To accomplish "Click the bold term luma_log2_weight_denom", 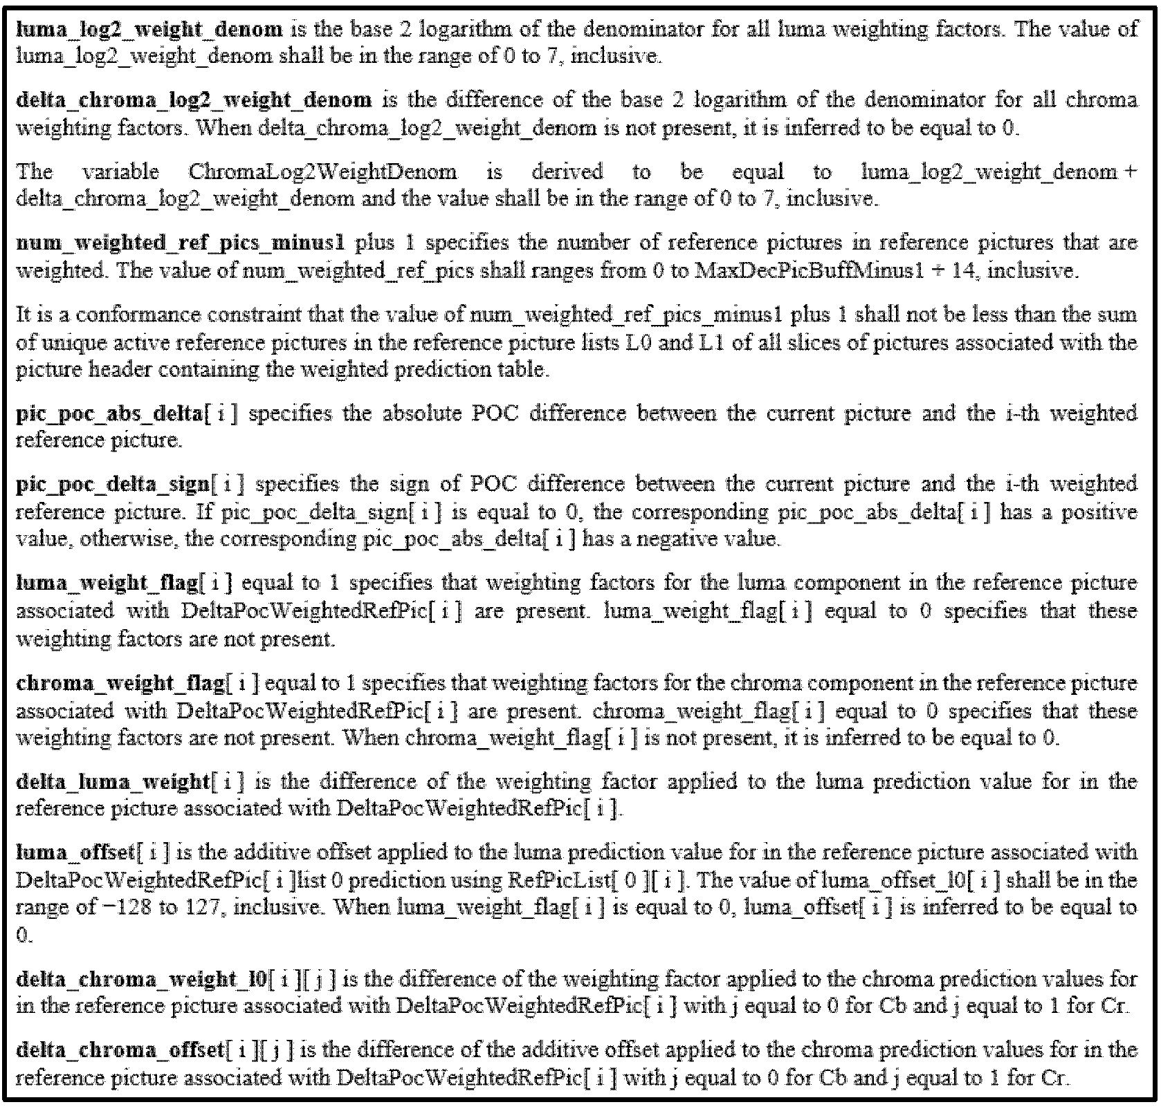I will [x=149, y=30].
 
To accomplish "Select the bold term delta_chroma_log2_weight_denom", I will [x=193, y=100].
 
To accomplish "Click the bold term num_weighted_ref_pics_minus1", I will [x=180, y=243].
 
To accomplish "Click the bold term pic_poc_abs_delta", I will [x=109, y=414].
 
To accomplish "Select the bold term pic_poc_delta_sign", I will [x=112, y=485].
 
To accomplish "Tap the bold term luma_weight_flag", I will [x=107, y=583].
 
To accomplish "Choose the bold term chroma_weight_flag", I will [x=120, y=683].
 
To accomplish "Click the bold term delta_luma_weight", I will [x=112, y=782].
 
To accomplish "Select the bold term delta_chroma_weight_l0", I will [x=141, y=980].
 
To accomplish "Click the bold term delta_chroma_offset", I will [x=119, y=1050].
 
